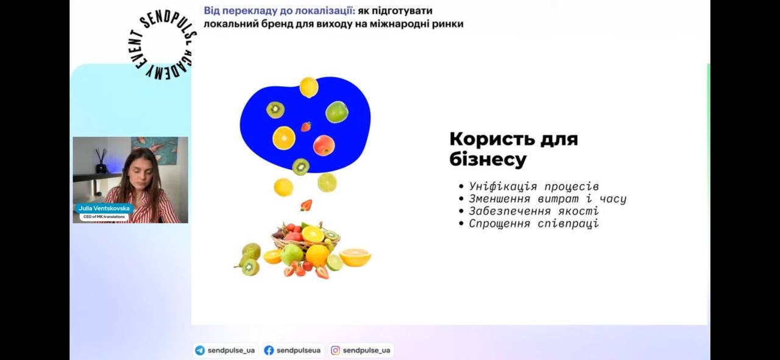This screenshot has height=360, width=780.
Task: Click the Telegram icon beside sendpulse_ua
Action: click(x=200, y=350)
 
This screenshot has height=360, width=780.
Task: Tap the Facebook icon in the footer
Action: click(x=269, y=350)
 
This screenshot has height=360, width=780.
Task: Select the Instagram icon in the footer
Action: click(x=335, y=350)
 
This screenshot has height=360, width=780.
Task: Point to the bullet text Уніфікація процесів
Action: click(x=534, y=186)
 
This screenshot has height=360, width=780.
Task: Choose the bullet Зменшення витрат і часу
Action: click(x=547, y=199)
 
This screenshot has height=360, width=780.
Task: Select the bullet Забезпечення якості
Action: click(x=534, y=211)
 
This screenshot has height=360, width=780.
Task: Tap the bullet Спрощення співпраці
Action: click(x=534, y=223)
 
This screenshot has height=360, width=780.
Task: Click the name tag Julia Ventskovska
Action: click(x=104, y=208)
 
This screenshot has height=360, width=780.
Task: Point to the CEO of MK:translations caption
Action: click(x=104, y=217)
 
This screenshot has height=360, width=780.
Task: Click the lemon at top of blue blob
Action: click(x=309, y=87)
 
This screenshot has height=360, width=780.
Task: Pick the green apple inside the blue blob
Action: click(x=337, y=111)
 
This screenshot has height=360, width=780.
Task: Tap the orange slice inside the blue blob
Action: click(x=284, y=138)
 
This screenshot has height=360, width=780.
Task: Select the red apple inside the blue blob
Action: click(x=324, y=145)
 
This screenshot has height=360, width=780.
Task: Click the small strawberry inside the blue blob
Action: click(x=306, y=127)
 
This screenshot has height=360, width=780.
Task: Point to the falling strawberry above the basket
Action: click(x=306, y=205)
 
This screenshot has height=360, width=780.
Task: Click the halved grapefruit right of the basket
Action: click(x=355, y=257)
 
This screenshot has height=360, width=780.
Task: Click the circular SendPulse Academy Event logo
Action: click(x=161, y=45)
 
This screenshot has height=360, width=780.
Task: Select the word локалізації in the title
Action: click(x=325, y=11)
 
